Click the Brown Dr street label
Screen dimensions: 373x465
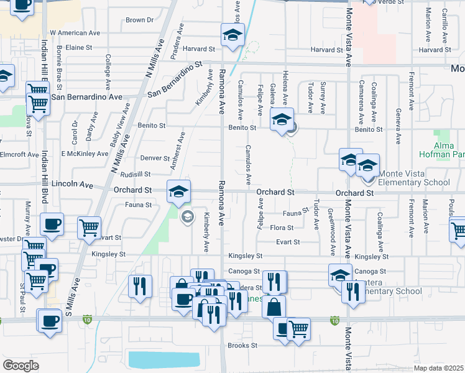(x=139, y=21)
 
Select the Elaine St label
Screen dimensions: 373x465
(x=79, y=47)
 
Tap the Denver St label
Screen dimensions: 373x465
(x=155, y=159)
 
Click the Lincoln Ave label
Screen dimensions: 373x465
(x=72, y=185)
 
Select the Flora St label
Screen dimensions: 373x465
(x=282, y=228)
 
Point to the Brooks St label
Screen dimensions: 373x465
(x=242, y=346)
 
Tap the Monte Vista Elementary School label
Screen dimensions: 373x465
(x=413, y=182)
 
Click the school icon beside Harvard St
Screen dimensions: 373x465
(x=233, y=36)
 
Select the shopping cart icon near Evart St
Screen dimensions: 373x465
(x=90, y=228)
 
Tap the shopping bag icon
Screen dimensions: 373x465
(x=274, y=307)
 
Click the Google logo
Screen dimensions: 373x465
(x=21, y=366)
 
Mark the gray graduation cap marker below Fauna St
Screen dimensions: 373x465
(x=186, y=216)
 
